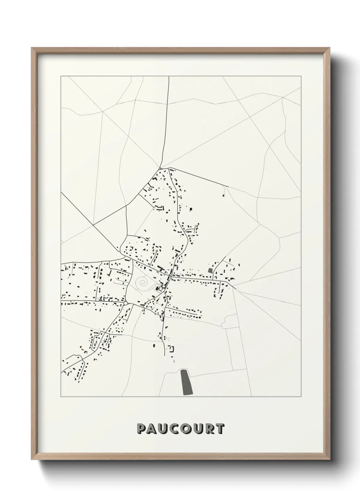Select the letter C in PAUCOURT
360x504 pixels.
(176, 429)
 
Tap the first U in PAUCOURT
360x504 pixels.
(164, 429)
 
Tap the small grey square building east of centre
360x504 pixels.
(210, 270)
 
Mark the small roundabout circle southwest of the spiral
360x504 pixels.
(126, 303)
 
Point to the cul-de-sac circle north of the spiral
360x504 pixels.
(156, 251)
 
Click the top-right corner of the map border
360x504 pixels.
(301, 77)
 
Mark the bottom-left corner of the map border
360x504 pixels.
(61, 397)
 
